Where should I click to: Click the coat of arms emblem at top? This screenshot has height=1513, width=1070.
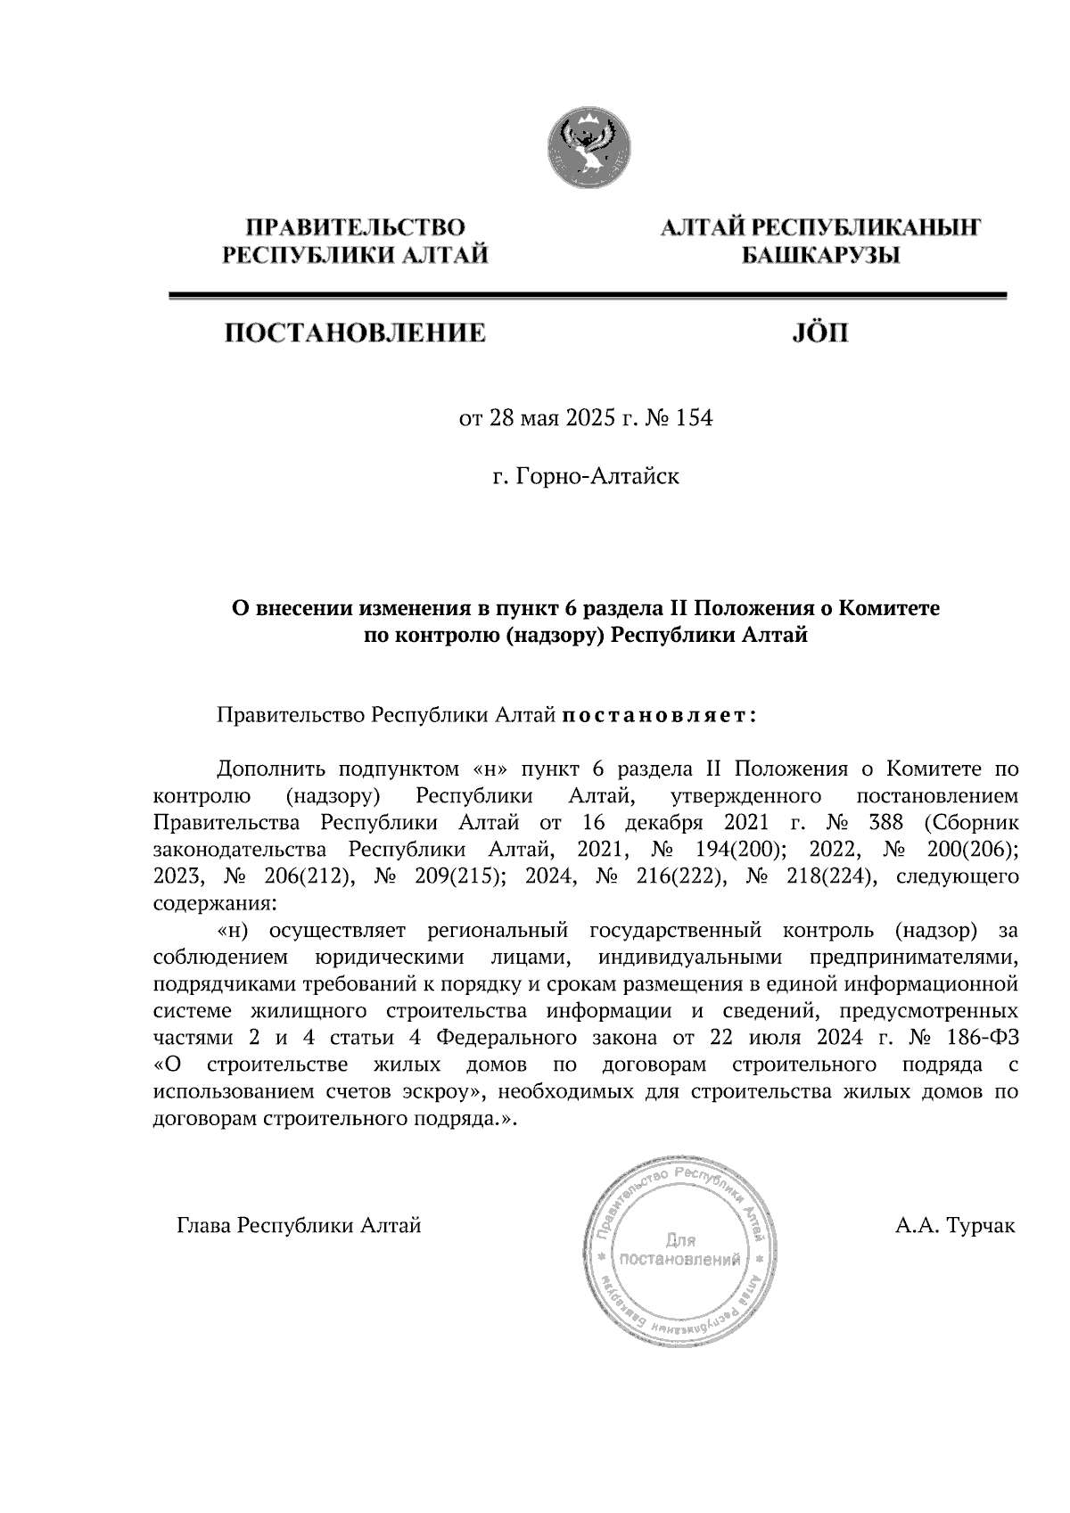coord(588,148)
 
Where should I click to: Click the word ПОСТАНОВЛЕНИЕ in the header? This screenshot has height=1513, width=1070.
coord(354,334)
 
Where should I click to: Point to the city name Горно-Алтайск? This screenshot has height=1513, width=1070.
coord(597,477)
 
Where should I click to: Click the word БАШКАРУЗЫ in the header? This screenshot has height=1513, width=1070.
coord(820,257)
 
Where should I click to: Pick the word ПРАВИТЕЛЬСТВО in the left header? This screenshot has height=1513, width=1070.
coord(355,228)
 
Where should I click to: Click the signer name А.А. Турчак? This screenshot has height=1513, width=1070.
coord(955,1225)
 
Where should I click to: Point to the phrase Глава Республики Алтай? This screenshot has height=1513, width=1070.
coord(299,1225)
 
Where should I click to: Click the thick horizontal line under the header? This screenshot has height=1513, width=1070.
coord(588,294)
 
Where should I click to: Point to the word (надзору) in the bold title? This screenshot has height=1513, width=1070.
coord(557,636)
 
